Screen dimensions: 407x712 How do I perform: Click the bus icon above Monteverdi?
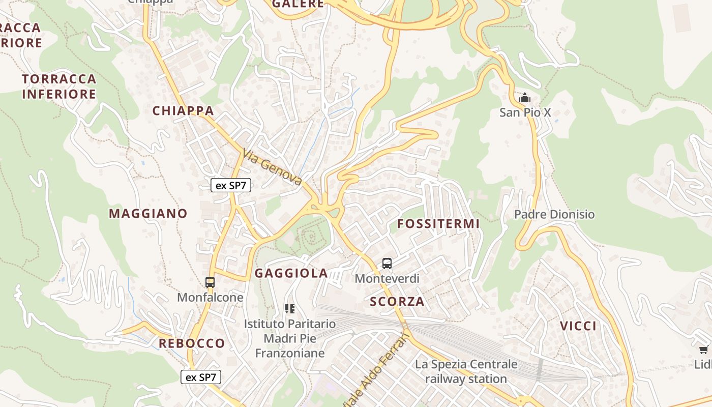tap(387, 264)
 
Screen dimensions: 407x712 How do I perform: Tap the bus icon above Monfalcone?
tap(210, 282)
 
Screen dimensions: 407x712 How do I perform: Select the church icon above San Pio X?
tap(525, 97)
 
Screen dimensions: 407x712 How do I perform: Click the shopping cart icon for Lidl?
tap(704, 350)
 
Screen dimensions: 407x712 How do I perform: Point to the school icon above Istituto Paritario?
tap(290, 308)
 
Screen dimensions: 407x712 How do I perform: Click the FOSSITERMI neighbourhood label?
tap(438, 224)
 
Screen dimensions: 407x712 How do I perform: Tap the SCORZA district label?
tap(397, 302)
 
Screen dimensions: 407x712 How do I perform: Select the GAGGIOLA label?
tap(291, 273)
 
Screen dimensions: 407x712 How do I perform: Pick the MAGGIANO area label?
tap(148, 214)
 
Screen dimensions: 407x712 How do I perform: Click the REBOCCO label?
tap(192, 343)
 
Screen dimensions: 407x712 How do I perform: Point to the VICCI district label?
tap(578, 326)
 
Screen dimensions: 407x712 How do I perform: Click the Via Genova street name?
tap(273, 167)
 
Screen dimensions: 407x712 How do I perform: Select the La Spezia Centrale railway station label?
tap(466, 371)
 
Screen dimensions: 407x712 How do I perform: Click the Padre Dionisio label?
tap(554, 214)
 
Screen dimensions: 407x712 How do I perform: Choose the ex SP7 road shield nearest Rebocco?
tap(201, 377)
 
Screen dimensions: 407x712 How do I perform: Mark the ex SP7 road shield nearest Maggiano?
tap(231, 185)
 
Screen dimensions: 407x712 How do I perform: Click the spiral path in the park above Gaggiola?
tap(310, 237)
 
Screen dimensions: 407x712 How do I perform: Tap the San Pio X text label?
tap(525, 112)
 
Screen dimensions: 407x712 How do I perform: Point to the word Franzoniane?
tap(289, 353)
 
